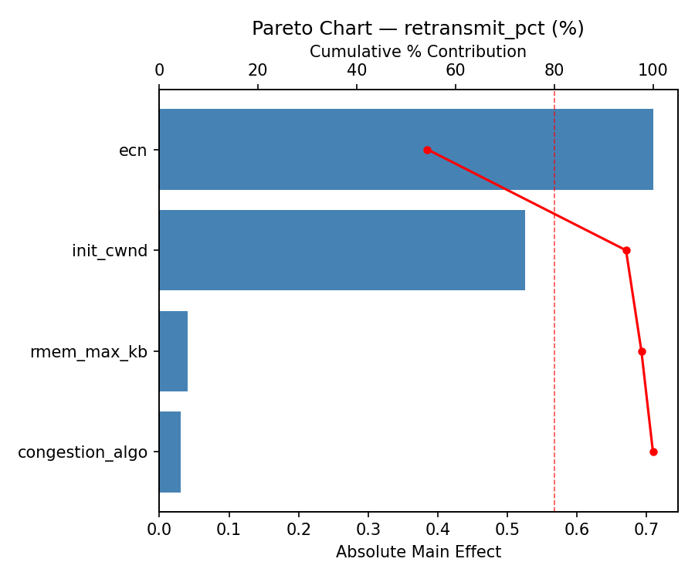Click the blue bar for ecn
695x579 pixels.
(405, 150)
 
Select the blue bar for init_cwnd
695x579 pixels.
(341, 250)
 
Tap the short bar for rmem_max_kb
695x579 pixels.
(173, 351)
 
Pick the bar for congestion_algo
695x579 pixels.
(170, 452)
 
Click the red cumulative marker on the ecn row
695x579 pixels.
(427, 150)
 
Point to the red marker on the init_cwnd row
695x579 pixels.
(626, 250)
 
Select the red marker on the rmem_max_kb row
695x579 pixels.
(642, 351)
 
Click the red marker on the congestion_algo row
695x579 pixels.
(653, 452)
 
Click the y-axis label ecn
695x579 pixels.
(133, 151)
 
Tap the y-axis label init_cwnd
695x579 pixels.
(110, 251)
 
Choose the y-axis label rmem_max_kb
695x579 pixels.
(89, 352)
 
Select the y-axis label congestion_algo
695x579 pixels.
(83, 452)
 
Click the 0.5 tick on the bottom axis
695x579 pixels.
(507, 530)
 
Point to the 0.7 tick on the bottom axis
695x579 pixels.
(646, 530)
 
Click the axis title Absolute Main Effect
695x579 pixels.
(418, 552)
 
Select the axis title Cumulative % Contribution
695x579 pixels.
(418, 52)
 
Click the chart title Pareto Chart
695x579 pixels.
(418, 29)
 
